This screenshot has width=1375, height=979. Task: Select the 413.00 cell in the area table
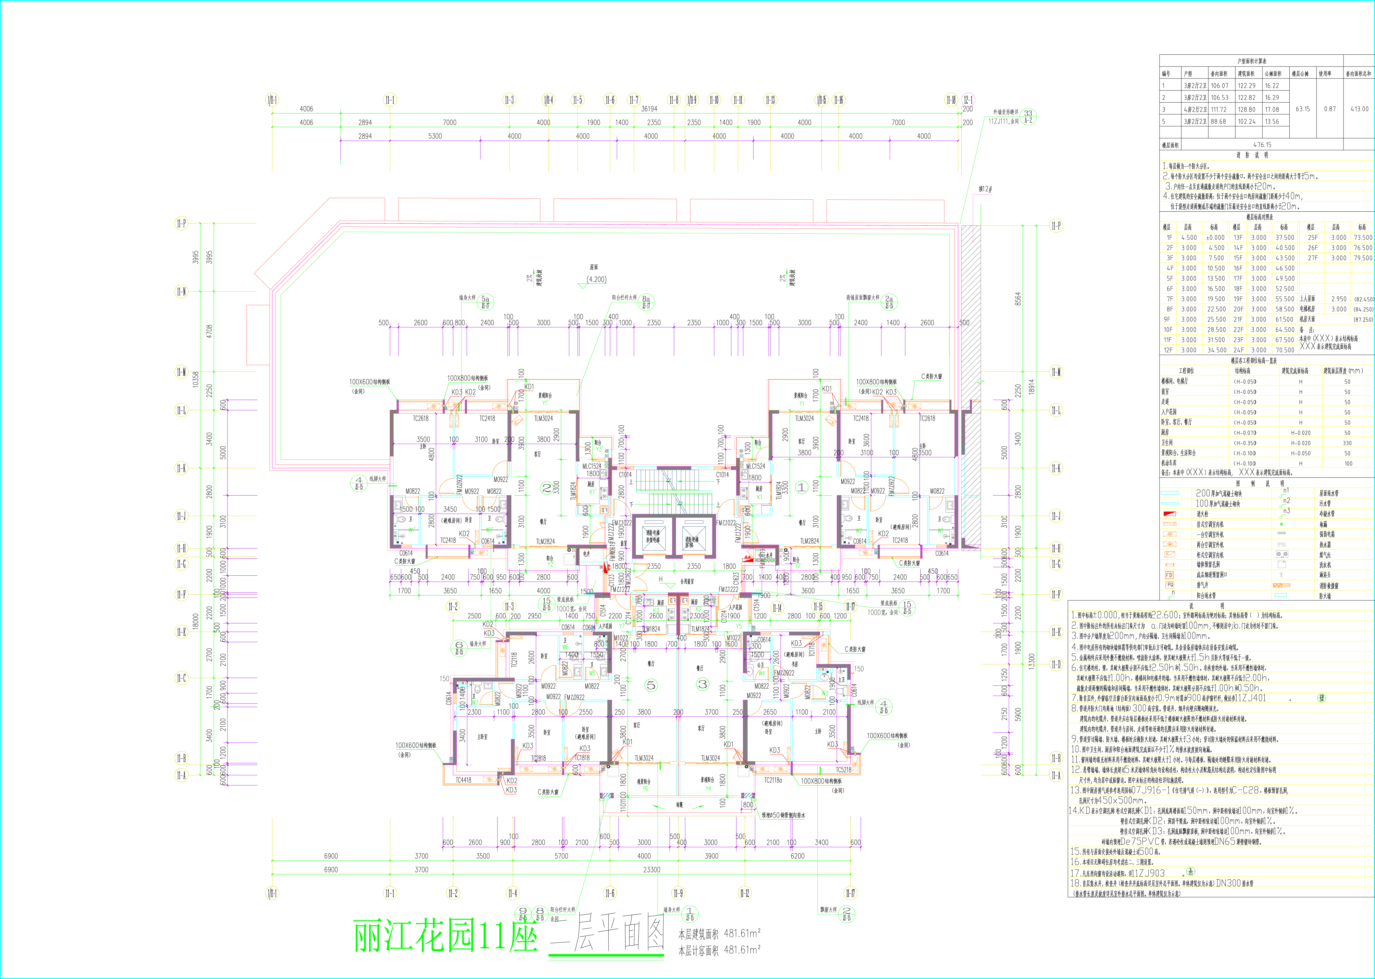point(1359,109)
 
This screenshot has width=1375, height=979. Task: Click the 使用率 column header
point(1325,74)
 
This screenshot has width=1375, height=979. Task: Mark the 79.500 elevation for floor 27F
point(1362,258)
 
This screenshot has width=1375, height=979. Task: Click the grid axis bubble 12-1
point(967,100)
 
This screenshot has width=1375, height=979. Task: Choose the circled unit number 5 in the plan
point(651,685)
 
